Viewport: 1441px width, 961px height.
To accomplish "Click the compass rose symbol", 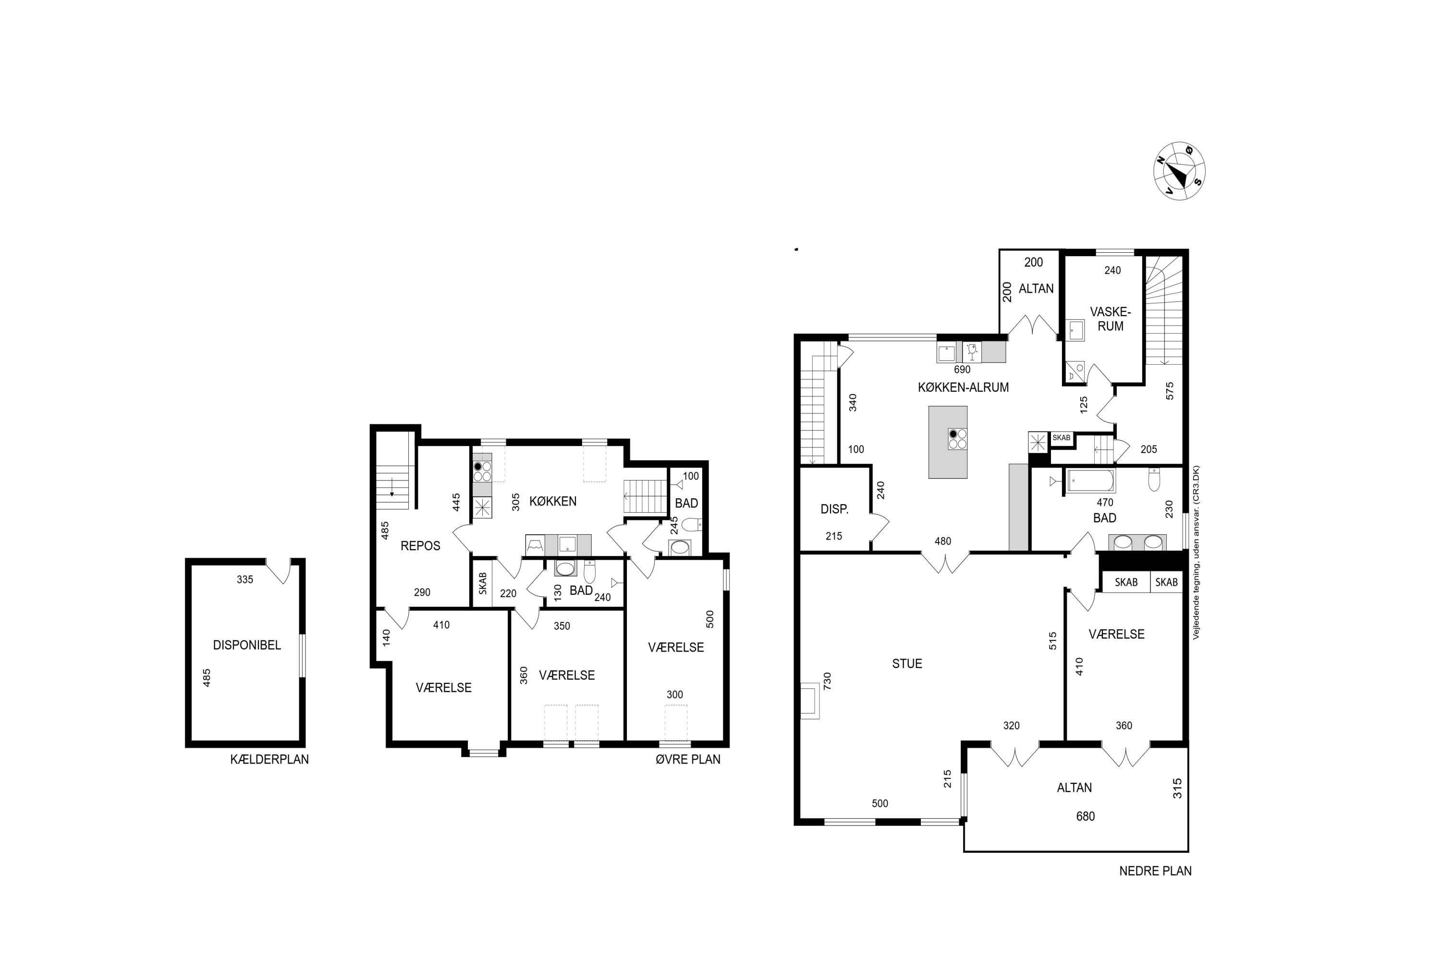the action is [1179, 172].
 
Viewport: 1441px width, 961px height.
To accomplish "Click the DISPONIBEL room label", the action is [247, 645].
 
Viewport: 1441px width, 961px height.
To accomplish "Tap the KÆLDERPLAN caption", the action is [269, 759].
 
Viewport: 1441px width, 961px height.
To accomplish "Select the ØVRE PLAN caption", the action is [688, 759].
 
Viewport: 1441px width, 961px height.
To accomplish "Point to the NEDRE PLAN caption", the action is [1156, 871].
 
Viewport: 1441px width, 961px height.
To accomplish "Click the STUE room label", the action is [907, 664].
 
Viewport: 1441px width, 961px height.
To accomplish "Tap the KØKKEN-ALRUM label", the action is [963, 387].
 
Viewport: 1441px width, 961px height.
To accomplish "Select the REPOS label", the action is [420, 545].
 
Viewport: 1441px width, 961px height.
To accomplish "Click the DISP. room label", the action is [834, 509].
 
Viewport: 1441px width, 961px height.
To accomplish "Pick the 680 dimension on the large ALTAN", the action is [1085, 816].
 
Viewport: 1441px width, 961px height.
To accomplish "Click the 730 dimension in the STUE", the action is [827, 681].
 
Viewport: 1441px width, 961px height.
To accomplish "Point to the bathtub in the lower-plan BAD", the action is [1090, 481].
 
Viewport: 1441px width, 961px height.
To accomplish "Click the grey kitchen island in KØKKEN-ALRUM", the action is [948, 442].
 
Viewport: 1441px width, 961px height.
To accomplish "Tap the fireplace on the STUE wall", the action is [810, 700].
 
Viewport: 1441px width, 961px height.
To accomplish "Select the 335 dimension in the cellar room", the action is [245, 579].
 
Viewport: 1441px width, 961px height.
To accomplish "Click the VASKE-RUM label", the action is [1111, 319].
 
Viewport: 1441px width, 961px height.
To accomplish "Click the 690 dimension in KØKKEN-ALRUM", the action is [962, 370].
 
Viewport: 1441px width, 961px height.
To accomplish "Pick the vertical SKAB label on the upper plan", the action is [483, 583].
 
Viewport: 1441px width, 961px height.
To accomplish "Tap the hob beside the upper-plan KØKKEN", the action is [482, 471].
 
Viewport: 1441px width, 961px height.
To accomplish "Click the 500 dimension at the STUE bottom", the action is [880, 803].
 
